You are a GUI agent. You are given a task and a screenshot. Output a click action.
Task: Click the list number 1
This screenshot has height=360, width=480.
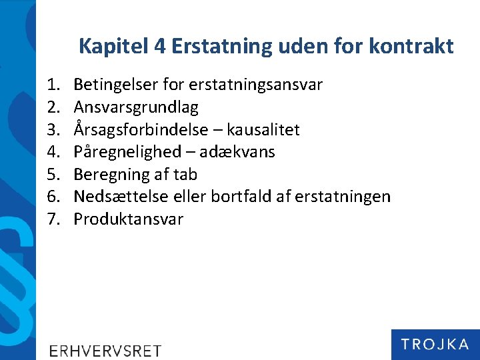pyautogui.click(x=53, y=85)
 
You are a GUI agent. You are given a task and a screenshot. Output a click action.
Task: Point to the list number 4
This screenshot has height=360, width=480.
pyautogui.click(x=53, y=152)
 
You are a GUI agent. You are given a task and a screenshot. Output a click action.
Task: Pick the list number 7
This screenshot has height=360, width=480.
pyautogui.click(x=53, y=219)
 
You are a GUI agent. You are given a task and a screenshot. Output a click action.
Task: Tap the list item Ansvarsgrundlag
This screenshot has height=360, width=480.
pyautogui.click(x=136, y=107)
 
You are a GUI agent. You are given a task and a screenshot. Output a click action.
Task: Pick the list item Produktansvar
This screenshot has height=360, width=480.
pyautogui.click(x=128, y=219)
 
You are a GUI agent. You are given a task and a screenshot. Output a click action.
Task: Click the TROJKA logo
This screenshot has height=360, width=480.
pyautogui.click(x=435, y=344)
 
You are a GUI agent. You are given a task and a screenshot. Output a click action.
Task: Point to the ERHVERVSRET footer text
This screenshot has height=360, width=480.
pyautogui.click(x=105, y=351)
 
